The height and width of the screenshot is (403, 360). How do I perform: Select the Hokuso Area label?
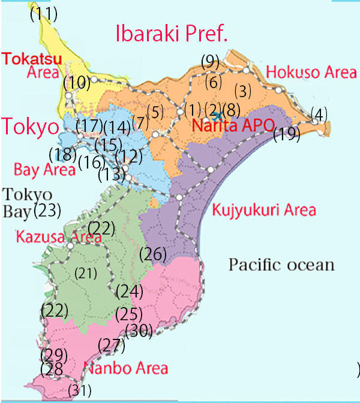coord(311,73)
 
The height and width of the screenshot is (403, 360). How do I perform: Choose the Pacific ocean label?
coord(281,264)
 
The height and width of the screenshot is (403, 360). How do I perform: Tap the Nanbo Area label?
coord(125,368)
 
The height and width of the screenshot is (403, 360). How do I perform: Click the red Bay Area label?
coord(38,170)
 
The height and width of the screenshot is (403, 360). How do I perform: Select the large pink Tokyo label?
coord(29,127)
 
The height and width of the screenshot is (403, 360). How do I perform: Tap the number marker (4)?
coord(319,113)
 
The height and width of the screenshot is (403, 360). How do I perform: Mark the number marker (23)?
coord(47,210)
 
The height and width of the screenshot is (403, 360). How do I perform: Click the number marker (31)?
coord(79,390)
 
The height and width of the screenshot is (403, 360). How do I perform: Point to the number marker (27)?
coord(111,345)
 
